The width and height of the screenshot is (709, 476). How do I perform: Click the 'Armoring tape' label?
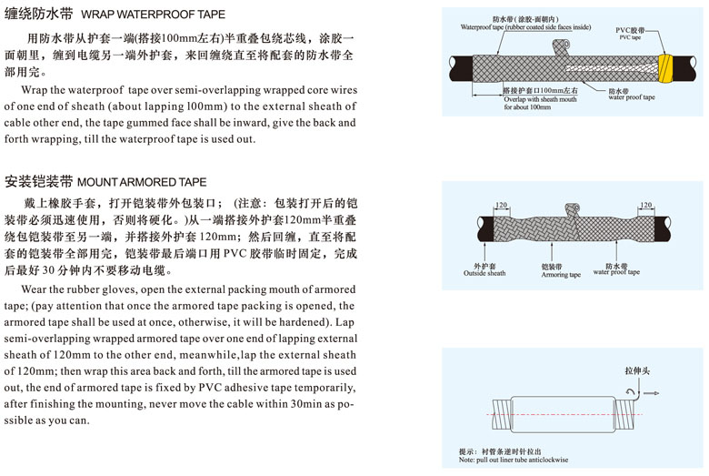point(560,270)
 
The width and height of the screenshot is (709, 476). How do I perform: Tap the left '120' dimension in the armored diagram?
point(500,206)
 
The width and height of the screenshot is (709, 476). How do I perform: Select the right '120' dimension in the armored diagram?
point(646,206)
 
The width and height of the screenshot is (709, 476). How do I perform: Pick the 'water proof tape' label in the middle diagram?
point(616,268)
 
